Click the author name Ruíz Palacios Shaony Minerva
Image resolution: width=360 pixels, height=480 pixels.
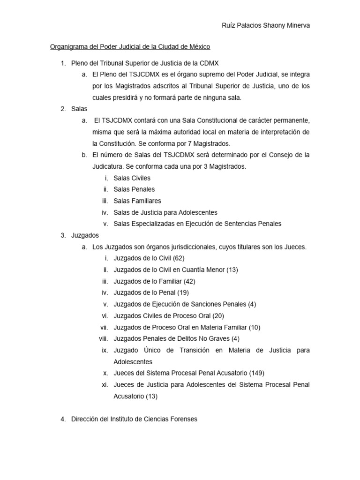tap(265, 26)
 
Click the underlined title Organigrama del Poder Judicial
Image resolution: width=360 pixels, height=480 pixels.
tap(130, 47)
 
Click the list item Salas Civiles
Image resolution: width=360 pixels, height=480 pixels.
tap(132, 178)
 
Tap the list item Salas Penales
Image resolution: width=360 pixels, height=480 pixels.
tap(134, 189)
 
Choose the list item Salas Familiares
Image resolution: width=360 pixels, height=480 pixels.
tap(137, 201)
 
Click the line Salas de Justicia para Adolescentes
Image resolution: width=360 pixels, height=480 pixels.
tap(165, 212)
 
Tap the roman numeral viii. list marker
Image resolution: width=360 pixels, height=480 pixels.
tap(104, 338)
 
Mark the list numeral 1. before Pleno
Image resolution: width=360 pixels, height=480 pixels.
tap(63, 63)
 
